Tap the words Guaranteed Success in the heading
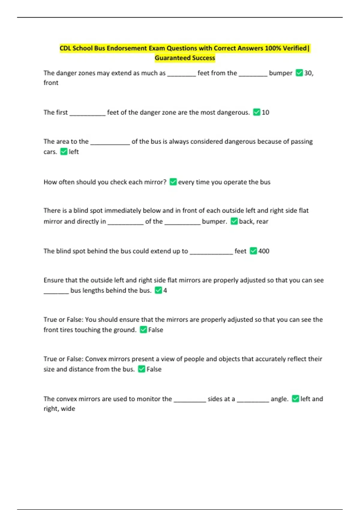[185, 58]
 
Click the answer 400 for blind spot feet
[264, 251]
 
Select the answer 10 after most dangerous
[265, 112]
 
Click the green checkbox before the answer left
[64, 151]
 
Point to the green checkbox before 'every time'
[173, 182]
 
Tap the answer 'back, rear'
[253, 221]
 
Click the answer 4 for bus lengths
[165, 290]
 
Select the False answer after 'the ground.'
[156, 330]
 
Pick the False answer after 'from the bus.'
[154, 369]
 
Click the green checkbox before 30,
[299, 73]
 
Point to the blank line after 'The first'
[87, 114]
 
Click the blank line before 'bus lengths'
[56, 292]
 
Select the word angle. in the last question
[279, 399]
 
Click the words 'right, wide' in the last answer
[59, 409]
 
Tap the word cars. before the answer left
[50, 152]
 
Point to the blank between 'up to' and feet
[211, 253]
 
